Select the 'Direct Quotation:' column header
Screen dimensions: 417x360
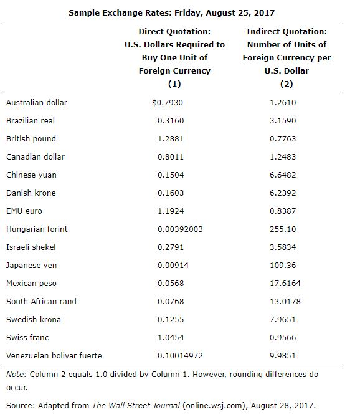(x=174, y=31)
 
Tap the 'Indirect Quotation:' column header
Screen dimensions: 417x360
(x=287, y=31)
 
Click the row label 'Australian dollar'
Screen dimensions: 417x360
(x=37, y=102)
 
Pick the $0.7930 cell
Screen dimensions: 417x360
(x=168, y=102)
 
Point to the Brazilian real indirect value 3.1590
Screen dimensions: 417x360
(x=283, y=120)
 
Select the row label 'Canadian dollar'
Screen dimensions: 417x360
(x=36, y=156)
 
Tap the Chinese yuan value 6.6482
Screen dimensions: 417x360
(x=283, y=175)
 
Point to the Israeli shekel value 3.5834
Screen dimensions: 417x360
(x=283, y=247)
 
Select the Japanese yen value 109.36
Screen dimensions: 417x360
(x=283, y=265)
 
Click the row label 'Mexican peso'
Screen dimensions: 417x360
(x=31, y=283)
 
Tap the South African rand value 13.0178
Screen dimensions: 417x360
(x=284, y=301)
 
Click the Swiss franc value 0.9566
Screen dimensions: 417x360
(x=283, y=337)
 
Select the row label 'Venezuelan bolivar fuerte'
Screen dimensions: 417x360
(x=54, y=355)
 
